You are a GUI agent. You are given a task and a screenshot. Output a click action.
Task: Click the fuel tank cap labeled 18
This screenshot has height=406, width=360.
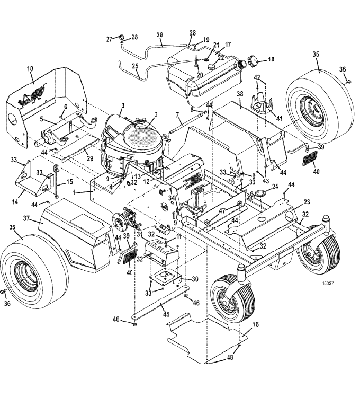[x=253, y=61]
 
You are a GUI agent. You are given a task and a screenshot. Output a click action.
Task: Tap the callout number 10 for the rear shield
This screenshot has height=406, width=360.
[x=30, y=68]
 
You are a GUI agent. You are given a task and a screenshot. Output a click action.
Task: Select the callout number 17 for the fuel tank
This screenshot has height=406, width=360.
[x=228, y=45]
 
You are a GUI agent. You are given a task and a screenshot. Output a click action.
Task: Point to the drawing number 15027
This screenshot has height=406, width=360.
[x=328, y=283]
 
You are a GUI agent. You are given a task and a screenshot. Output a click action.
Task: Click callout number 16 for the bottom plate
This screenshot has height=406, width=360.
[x=255, y=324]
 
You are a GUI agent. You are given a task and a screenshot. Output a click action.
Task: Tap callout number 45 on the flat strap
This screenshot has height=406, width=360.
[x=166, y=314]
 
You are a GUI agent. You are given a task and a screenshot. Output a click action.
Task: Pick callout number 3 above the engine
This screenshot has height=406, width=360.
[x=123, y=105]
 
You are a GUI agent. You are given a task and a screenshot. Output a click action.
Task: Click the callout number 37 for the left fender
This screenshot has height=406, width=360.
[x=26, y=218]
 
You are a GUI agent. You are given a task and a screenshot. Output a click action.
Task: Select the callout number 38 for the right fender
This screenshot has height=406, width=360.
[x=240, y=94]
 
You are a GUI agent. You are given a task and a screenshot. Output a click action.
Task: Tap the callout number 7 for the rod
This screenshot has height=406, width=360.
[x=177, y=114]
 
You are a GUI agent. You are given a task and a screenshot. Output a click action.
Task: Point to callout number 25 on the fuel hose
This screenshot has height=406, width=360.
[x=135, y=66]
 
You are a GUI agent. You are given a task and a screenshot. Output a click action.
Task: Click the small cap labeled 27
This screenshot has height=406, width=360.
[x=122, y=37]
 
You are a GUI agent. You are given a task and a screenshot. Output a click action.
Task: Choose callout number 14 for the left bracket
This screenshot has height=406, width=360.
[x=15, y=201]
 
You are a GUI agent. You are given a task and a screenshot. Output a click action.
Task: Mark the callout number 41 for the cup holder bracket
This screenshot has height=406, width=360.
[x=279, y=118]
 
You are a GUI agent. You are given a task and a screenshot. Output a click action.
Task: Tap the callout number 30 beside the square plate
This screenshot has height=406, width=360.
[x=195, y=279]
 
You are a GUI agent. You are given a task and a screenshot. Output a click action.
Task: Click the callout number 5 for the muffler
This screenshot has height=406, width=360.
[x=41, y=119]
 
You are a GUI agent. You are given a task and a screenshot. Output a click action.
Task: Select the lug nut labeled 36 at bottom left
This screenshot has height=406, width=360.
[x=3, y=292]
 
